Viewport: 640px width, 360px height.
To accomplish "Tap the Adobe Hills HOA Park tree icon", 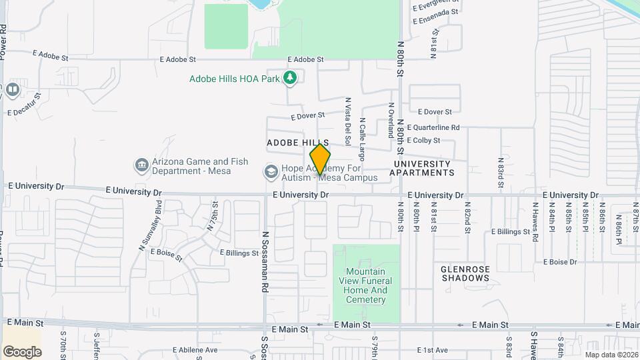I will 289,79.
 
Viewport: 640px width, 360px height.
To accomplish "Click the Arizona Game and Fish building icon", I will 141,165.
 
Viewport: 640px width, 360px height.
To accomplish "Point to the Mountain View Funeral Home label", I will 366,285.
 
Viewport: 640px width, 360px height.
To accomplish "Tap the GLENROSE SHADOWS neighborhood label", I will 465,273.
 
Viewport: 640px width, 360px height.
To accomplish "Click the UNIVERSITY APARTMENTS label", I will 422,168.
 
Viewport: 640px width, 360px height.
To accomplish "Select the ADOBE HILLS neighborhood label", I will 298,143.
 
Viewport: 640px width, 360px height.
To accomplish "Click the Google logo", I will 22,351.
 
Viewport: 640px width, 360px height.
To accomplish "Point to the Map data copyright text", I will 610,355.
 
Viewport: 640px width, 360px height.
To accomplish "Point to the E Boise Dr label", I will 559,262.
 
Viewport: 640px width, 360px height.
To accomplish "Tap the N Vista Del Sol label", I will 347,122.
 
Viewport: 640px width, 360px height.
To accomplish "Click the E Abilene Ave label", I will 195,350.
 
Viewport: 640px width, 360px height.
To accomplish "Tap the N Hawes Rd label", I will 535,223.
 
